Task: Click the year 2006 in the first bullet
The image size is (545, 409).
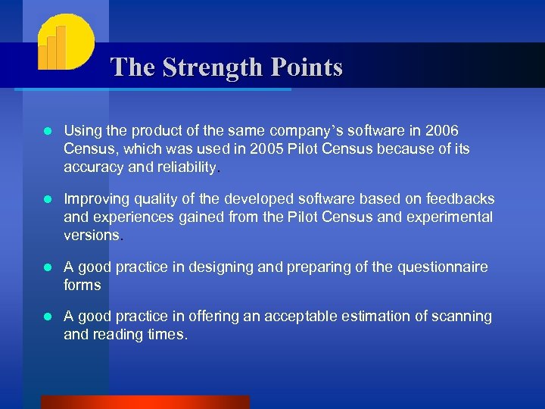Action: coord(442,132)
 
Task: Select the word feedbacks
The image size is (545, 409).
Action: coord(456,199)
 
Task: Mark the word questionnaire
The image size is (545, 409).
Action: coord(441,267)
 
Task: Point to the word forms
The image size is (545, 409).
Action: coord(83,285)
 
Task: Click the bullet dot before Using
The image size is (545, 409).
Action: coord(48,133)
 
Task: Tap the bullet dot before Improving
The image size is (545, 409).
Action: coord(48,200)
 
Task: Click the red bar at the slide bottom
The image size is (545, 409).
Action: coord(145,402)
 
